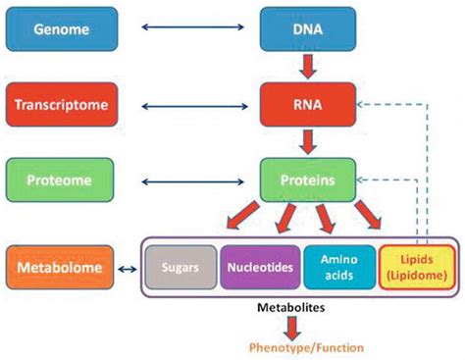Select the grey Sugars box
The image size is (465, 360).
pyautogui.click(x=181, y=267)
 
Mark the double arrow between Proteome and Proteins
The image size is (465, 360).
pyautogui.click(x=184, y=180)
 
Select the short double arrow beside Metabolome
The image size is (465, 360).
pyautogui.click(x=128, y=267)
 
